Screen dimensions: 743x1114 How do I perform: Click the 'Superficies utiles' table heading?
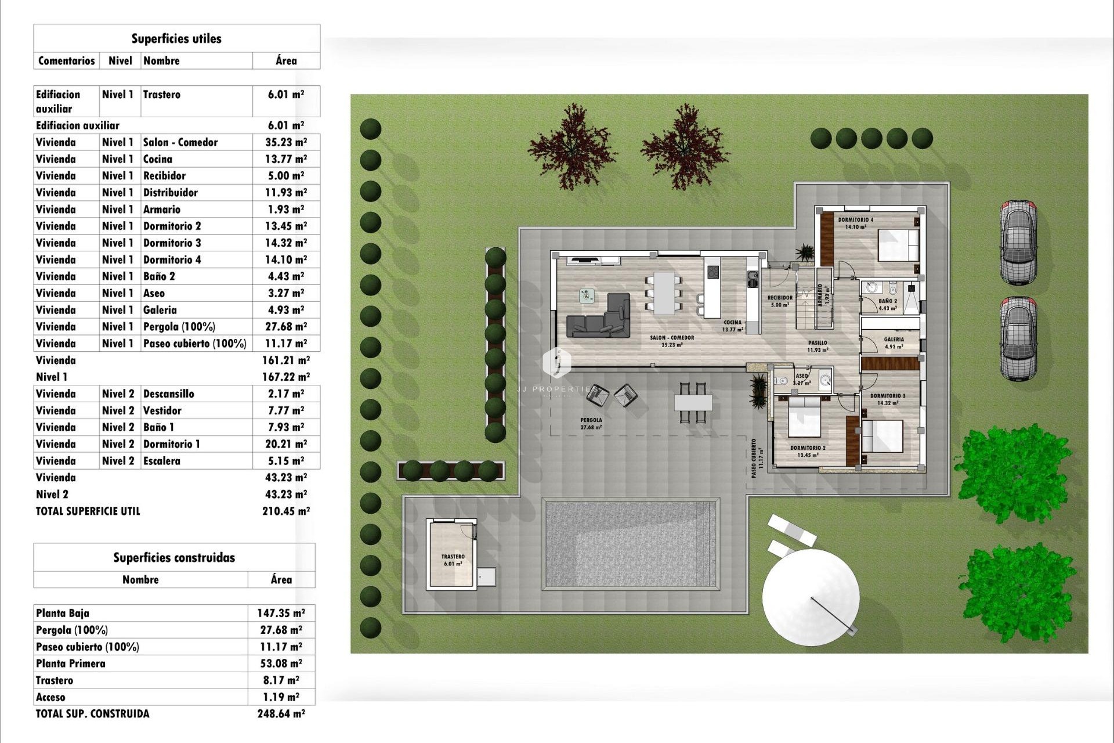pos(176,39)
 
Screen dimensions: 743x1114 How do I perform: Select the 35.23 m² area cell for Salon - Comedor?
pos(286,142)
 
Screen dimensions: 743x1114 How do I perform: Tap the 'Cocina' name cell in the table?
pos(158,159)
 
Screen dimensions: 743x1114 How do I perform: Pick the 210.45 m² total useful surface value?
pos(286,511)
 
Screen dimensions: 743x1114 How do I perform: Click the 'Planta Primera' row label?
pos(71,663)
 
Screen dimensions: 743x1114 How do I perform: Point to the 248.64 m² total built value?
pos(281,714)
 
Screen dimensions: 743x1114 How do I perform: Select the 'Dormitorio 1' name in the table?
pos(172,444)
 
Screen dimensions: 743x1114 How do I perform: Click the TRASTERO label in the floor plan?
pos(453,557)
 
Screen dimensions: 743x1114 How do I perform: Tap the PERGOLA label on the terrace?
pos(591,420)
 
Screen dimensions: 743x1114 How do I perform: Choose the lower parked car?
pos(1018,338)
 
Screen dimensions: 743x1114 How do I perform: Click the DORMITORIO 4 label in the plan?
pos(855,220)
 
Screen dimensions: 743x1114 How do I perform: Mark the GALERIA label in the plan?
pos(894,340)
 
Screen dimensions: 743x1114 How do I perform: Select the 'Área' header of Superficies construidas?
pos(281,579)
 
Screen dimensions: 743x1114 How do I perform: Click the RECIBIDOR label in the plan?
pos(780,298)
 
